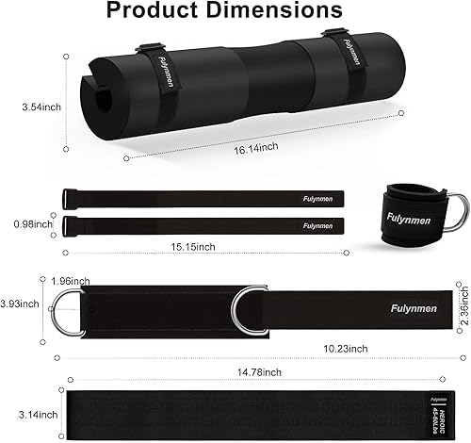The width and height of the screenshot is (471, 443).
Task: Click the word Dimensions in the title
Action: pos(279,12)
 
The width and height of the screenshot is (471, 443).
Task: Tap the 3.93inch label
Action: pos(21,304)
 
